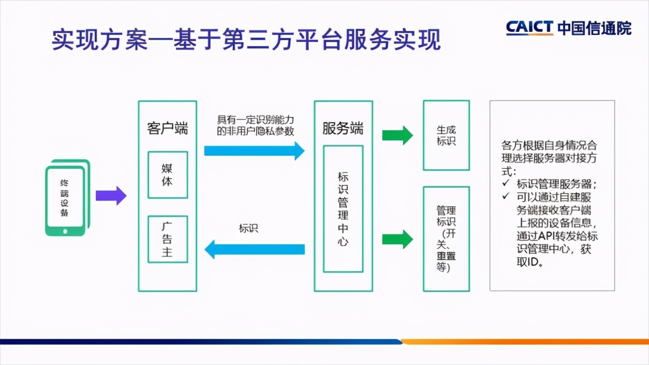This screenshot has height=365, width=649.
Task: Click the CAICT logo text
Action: [x=529, y=27]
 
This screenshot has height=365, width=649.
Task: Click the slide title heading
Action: [x=246, y=40]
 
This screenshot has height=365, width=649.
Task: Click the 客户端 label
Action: [x=167, y=128]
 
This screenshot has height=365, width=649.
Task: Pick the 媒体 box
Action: [x=167, y=174]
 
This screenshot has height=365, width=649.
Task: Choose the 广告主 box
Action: [x=167, y=239]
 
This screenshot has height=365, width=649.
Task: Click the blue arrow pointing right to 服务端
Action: [x=254, y=151]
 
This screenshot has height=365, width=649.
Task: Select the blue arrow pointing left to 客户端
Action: [x=254, y=249]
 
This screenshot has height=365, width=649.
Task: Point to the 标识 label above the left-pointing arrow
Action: [x=248, y=228]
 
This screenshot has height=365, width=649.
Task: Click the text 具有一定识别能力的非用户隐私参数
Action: [x=256, y=125]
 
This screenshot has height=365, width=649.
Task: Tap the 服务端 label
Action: [x=343, y=128]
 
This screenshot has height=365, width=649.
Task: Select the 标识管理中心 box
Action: [x=343, y=209]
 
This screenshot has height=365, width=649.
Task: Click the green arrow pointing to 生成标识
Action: [x=398, y=135]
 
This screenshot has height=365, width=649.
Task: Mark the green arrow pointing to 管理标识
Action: [x=398, y=239]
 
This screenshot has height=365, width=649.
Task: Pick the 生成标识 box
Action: [x=446, y=135]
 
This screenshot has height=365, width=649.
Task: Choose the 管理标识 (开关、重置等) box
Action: [x=446, y=239]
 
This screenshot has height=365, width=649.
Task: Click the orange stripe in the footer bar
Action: [x=525, y=341]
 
